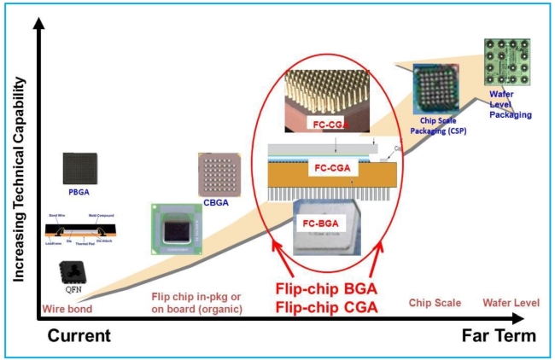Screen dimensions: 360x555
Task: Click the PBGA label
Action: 79,194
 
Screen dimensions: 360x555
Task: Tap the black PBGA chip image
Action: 79,169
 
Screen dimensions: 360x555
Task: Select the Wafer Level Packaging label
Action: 510,104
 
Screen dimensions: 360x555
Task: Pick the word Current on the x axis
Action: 80,336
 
